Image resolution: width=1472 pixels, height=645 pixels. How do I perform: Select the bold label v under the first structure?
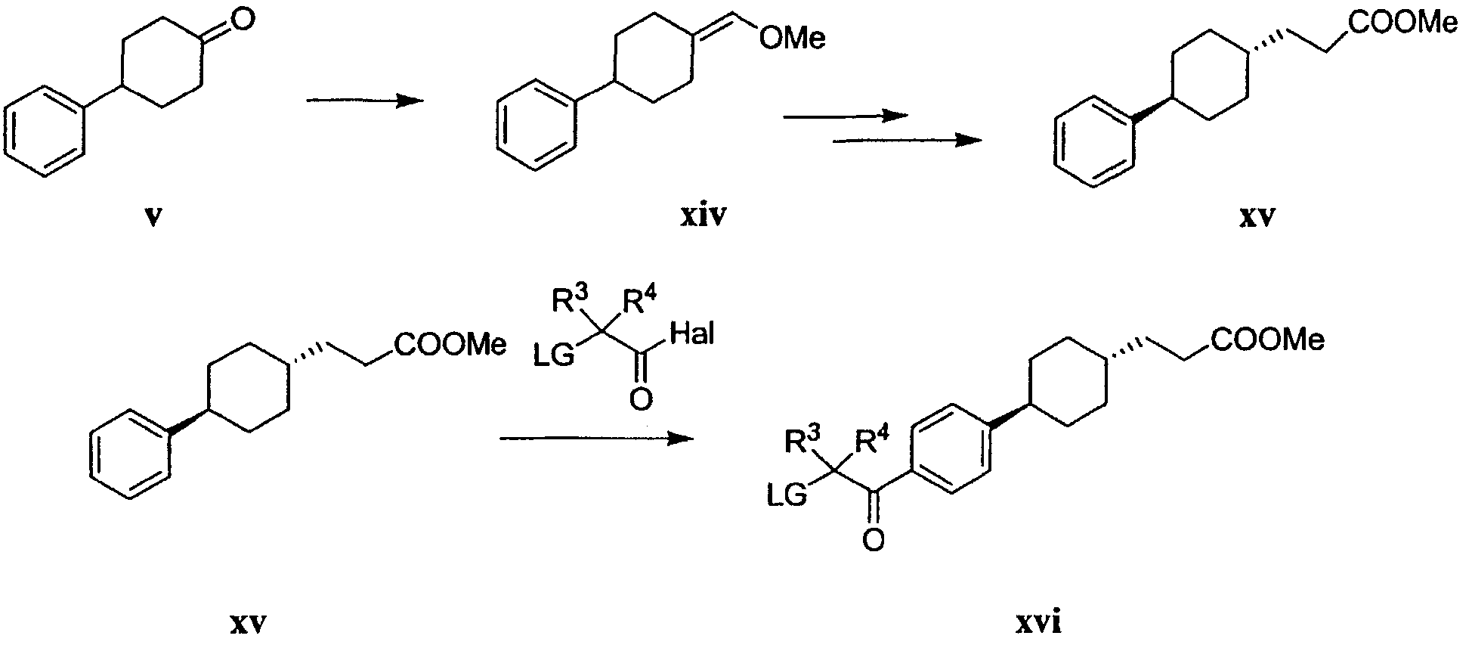[x=153, y=218]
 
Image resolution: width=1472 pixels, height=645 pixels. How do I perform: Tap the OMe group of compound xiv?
[x=793, y=39]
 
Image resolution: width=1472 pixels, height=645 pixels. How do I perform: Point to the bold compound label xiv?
[x=702, y=218]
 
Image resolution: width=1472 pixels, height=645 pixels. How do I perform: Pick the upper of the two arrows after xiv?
[x=845, y=116]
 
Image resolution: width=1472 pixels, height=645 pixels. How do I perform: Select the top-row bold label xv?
[x=1257, y=218]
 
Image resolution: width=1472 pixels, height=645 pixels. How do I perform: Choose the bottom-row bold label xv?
[x=249, y=625]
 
